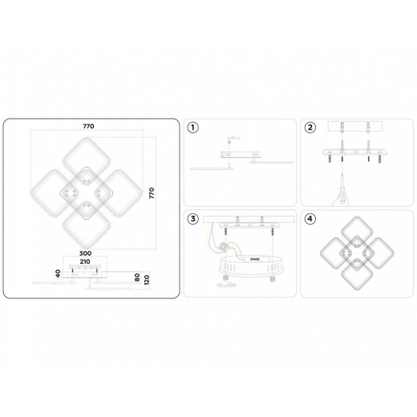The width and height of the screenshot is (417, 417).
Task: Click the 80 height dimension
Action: [x=138, y=278]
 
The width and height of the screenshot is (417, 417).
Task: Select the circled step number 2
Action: [x=310, y=128]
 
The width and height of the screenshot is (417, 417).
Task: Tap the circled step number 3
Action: [x=192, y=219]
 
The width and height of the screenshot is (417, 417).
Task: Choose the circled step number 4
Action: [x=310, y=219]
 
